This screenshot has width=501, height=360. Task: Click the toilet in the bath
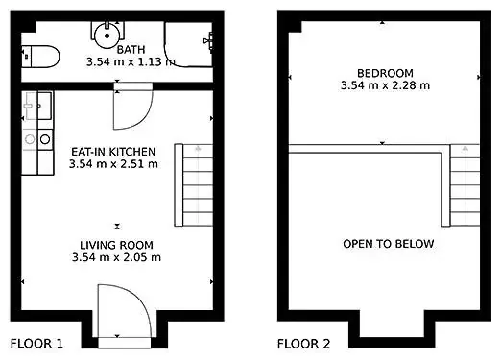pos(40,57)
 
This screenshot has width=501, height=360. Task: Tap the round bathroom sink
pos(107,36)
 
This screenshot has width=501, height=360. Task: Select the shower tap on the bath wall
pos(208,40)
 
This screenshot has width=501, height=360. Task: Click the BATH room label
pos(131,50)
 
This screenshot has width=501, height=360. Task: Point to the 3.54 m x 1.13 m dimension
pos(131,61)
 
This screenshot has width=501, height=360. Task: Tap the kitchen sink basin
pos(44,106)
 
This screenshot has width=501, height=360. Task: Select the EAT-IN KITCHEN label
pos(113,152)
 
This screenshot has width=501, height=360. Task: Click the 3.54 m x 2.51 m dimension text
pos(113,164)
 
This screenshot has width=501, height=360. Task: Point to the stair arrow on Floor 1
pos(198,184)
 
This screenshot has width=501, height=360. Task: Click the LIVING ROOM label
pos(116,245)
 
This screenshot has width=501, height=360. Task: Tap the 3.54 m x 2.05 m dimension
pos(116,257)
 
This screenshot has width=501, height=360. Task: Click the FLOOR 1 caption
pos(36,344)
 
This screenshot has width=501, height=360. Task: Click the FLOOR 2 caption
pos(303,344)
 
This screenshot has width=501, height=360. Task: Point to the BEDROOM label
pos(385,73)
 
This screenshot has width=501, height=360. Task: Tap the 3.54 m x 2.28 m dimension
pos(385,85)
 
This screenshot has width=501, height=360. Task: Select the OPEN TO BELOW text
pos(389,244)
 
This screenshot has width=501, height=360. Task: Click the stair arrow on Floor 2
pos(465,184)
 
